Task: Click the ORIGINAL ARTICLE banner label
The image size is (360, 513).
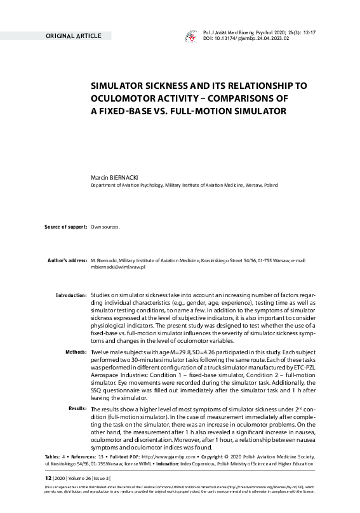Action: click(x=73, y=36)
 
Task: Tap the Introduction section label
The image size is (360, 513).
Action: click(x=71, y=295)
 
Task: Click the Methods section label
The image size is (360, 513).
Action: click(x=76, y=351)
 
